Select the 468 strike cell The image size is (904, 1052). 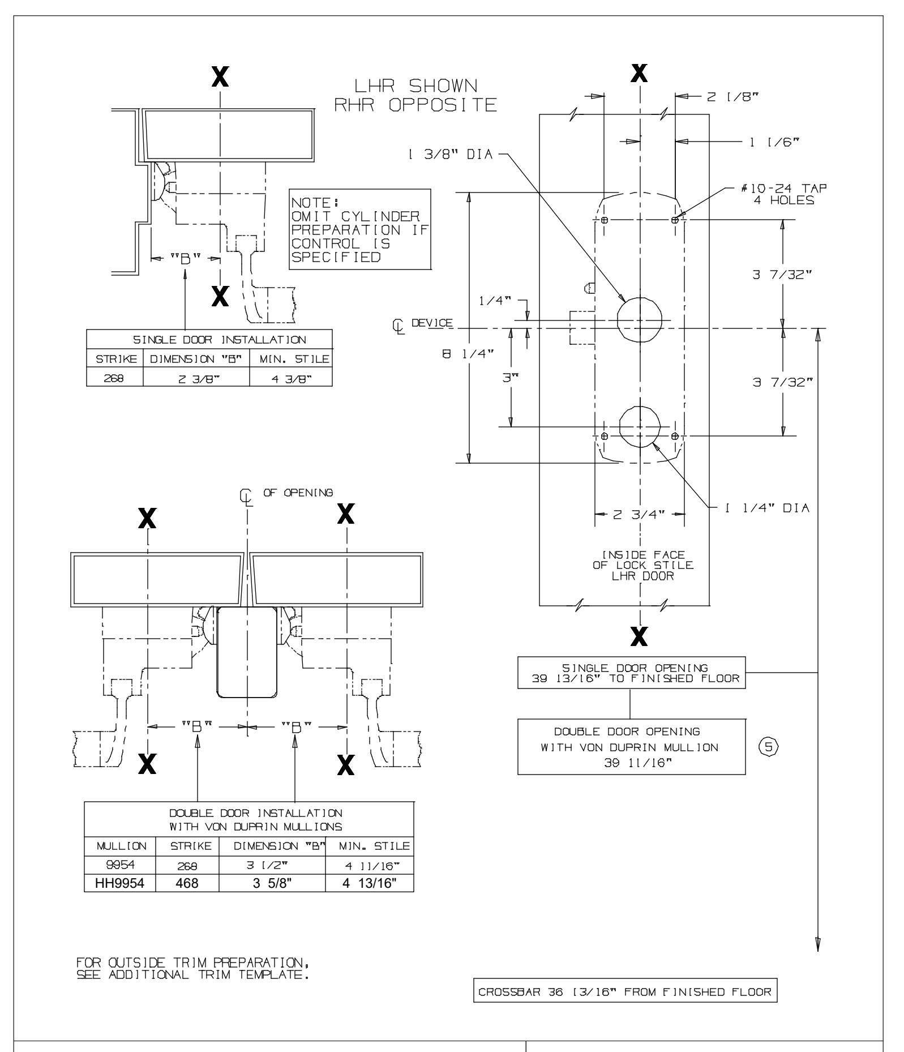click(x=187, y=883)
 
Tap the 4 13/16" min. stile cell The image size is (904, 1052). click(x=369, y=883)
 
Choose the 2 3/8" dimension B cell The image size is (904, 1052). click(x=196, y=378)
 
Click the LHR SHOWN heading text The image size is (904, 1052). click(x=415, y=86)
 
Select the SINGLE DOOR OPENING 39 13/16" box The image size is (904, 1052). click(x=631, y=673)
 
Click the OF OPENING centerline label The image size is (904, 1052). click(x=298, y=492)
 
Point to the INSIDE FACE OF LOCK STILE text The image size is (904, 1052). click(x=642, y=565)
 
